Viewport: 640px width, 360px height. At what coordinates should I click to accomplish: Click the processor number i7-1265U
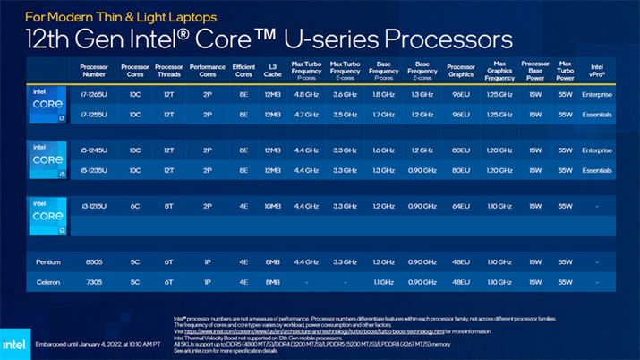click(x=93, y=94)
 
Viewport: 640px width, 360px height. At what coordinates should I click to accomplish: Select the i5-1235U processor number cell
click(x=93, y=169)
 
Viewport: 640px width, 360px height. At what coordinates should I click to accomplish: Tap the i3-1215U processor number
click(x=93, y=205)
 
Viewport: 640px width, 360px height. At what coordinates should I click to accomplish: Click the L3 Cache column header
click(x=273, y=69)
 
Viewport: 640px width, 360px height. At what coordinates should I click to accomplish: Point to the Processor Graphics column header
click(x=460, y=69)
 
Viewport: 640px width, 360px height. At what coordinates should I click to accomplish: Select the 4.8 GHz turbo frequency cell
click(x=306, y=94)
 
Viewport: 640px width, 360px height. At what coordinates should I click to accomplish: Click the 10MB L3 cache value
click(x=273, y=205)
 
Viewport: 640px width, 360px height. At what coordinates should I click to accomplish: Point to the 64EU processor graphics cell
click(x=460, y=205)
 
